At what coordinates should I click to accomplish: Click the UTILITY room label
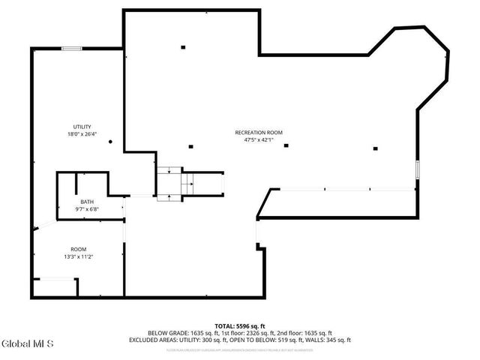(x=82, y=126)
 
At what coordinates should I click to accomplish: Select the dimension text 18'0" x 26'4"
(x=82, y=134)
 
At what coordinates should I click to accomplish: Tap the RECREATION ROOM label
(x=258, y=132)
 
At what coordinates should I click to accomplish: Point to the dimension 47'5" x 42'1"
(x=258, y=139)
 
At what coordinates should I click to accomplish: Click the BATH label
(x=87, y=202)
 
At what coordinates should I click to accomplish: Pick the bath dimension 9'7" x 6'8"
(x=87, y=209)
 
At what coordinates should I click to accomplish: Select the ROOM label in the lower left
(x=78, y=249)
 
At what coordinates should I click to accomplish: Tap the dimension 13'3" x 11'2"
(x=78, y=256)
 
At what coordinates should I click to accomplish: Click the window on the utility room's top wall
(x=72, y=49)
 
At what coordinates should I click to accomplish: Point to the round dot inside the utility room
(x=110, y=141)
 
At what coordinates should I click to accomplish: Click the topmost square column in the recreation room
(x=183, y=47)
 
